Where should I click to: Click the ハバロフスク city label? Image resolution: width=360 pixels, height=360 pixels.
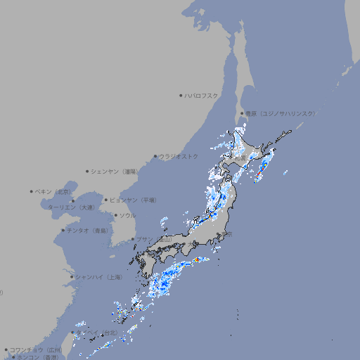click(x=202, y=96)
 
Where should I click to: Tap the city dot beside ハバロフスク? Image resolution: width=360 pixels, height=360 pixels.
click(x=181, y=96)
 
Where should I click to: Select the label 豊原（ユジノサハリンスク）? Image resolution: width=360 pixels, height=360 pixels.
click(x=281, y=113)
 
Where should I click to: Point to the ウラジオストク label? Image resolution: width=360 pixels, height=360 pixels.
click(x=179, y=156)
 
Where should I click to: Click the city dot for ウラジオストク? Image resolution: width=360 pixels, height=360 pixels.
click(x=155, y=157)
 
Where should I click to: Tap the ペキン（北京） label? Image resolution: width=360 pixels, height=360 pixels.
click(x=53, y=191)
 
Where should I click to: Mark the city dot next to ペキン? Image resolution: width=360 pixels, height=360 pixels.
click(x=32, y=191)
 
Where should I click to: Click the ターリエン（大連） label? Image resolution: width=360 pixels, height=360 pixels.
click(x=71, y=207)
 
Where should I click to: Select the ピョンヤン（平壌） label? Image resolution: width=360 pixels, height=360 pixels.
click(x=133, y=200)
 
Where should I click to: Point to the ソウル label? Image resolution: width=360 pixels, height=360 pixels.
click(x=127, y=215)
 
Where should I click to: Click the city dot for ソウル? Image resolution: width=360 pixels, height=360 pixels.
click(x=115, y=216)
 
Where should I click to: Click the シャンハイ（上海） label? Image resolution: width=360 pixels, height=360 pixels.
click(x=99, y=277)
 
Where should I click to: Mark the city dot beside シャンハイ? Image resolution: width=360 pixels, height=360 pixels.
click(x=72, y=277)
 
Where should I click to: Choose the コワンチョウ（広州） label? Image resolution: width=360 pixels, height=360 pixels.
click(x=35, y=349)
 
